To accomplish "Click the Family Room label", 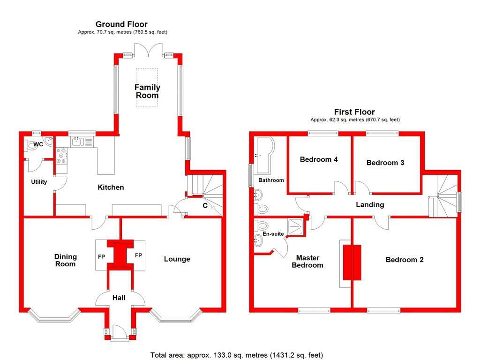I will [147, 91].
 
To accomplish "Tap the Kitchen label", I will [111, 187].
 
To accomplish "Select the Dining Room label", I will [65, 261].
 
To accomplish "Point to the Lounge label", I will [177, 259].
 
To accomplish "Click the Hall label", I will [119, 297].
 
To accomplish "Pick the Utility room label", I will [39, 182].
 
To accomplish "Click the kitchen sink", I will [77, 141].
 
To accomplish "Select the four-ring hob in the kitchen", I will [61, 156].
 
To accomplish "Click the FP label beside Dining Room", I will [101, 257].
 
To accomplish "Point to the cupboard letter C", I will [205, 205].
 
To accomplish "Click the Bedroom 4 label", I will [319, 159].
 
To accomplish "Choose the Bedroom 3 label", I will [385, 163].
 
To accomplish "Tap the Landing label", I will [370, 205].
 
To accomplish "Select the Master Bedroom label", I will [307, 261].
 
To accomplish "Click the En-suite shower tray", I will [296, 226].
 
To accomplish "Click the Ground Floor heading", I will [121, 24].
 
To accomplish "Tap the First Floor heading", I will [354, 112].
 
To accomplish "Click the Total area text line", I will [237, 355].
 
